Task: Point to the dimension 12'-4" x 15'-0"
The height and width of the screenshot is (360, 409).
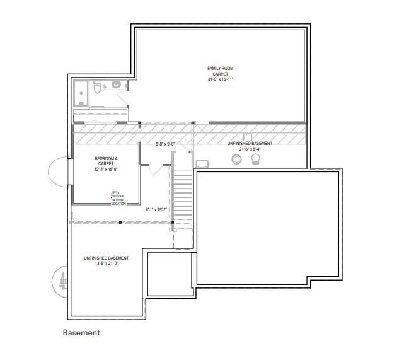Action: click(106, 169)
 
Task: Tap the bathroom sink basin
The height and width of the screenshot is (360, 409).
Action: click(117, 84)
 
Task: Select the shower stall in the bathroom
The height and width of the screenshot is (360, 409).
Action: click(81, 93)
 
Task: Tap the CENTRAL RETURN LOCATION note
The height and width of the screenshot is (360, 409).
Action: click(118, 199)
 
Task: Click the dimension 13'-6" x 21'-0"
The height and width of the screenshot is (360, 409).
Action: click(106, 264)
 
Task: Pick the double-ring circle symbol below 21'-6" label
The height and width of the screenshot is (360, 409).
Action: click(236, 161)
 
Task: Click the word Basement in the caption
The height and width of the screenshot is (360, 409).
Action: click(81, 332)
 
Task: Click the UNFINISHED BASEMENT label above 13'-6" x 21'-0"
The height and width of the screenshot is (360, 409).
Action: click(106, 258)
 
